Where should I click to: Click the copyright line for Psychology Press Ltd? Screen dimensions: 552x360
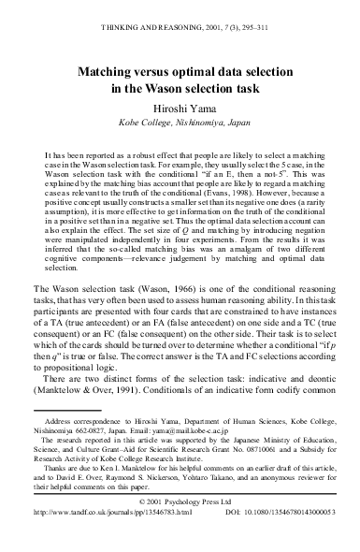click(x=180, y=530)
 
